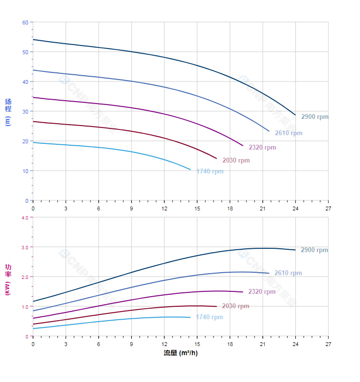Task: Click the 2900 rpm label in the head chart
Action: point(315,116)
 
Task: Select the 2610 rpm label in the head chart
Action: point(288,133)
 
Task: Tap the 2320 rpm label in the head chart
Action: point(262,148)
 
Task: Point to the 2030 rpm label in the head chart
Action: point(236,161)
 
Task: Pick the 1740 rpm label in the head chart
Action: point(209,172)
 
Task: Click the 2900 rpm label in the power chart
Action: point(314,250)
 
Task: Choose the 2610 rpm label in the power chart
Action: point(288,273)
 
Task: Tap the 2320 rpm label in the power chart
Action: point(262,292)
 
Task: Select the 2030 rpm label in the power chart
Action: point(236,306)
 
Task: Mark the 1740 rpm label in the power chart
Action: point(209,317)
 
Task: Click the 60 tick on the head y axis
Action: point(25,23)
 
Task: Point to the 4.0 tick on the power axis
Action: point(24,218)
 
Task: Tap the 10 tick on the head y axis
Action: point(25,171)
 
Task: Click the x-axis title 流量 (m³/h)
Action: point(180,353)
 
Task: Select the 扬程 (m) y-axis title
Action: point(8,112)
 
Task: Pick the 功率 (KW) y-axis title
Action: point(8,279)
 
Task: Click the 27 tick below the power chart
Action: point(328,344)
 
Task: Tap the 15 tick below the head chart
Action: point(197,208)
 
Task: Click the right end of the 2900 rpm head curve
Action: point(295,115)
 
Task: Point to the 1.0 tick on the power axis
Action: point(24,307)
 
